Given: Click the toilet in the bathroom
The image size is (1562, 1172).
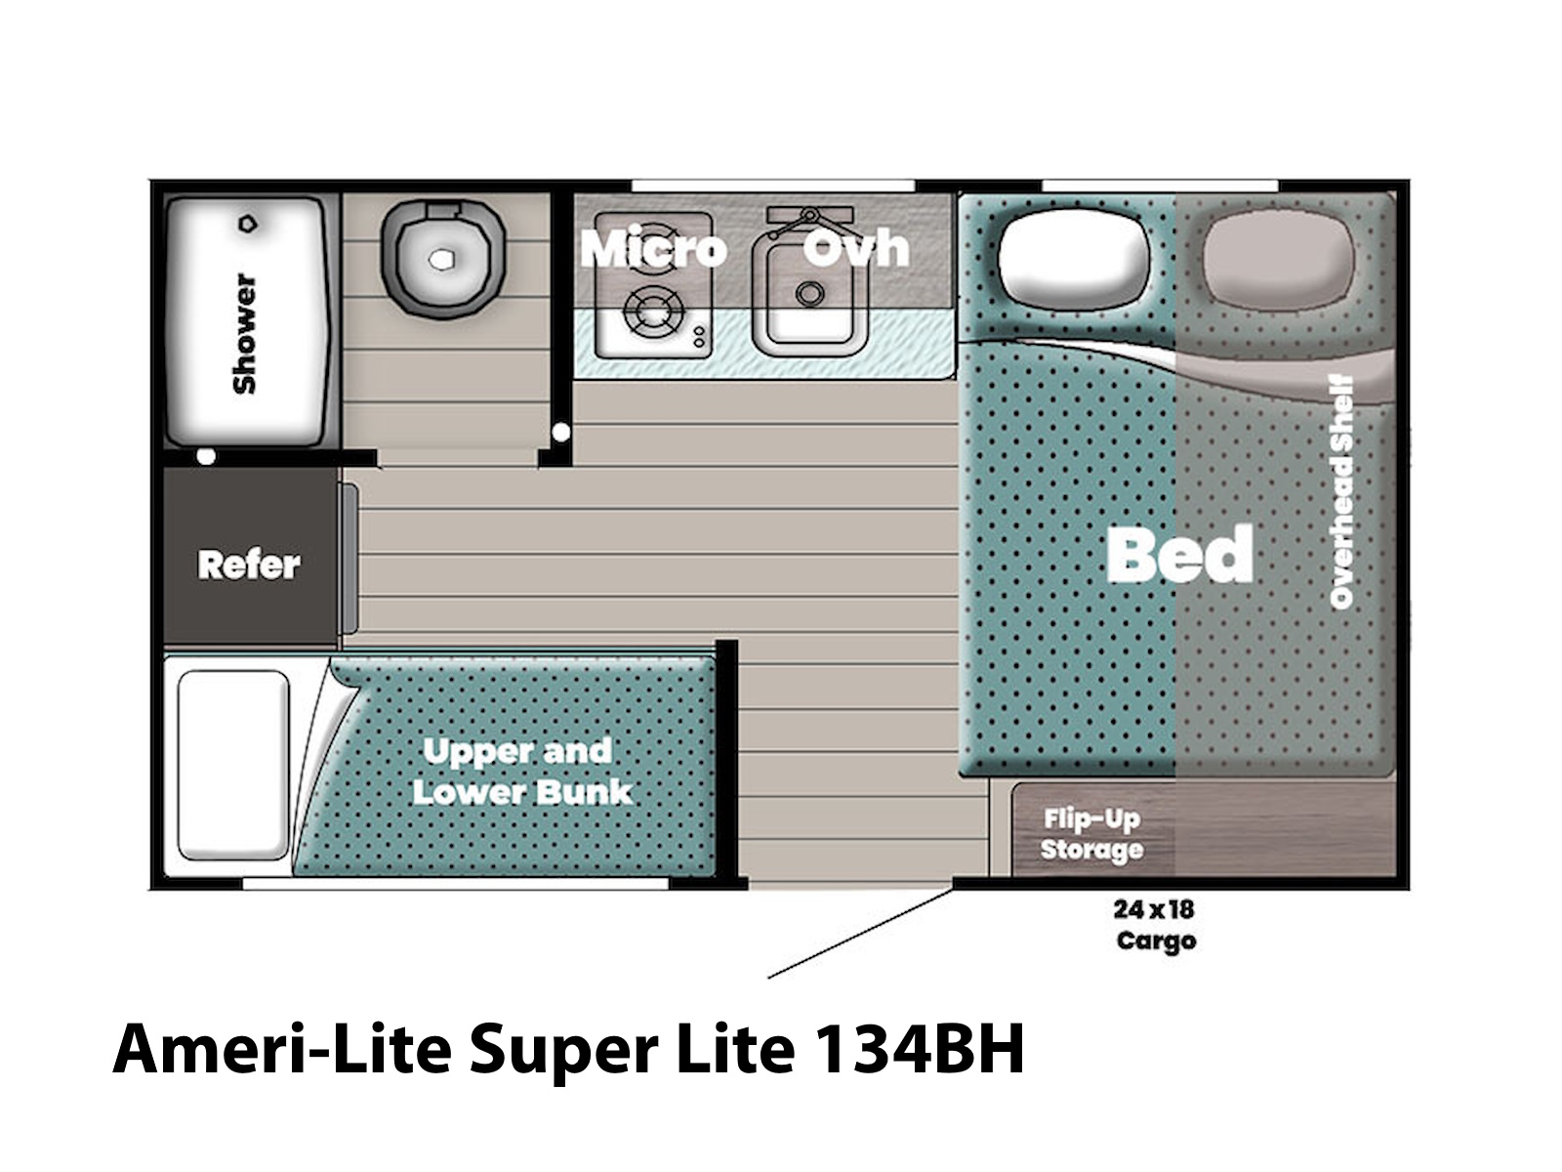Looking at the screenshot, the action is pos(442,258).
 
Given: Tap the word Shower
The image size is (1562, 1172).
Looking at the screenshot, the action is pos(245,333).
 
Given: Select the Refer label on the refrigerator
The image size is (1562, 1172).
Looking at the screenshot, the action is pos(249,565).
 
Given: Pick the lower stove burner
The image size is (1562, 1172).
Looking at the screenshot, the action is pos(654,311).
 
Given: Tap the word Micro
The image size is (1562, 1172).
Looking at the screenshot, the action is pos(653,249).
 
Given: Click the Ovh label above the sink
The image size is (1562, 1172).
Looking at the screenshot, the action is pos(857,248).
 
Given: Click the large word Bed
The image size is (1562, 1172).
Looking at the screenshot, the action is pos(1179,554).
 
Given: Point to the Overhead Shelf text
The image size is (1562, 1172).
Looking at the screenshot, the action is pos(1341,491).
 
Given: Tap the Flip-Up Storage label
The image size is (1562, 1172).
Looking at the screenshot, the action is pos(1091,834).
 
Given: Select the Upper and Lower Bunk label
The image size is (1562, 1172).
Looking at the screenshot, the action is pos(522,772).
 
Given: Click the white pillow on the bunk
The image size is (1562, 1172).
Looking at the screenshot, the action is pos(233,765).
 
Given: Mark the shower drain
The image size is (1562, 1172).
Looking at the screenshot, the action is pos(248,224).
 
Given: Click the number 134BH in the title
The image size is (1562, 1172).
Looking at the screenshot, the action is pos(920,1050).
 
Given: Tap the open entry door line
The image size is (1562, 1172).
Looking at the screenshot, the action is pos(860,933).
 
